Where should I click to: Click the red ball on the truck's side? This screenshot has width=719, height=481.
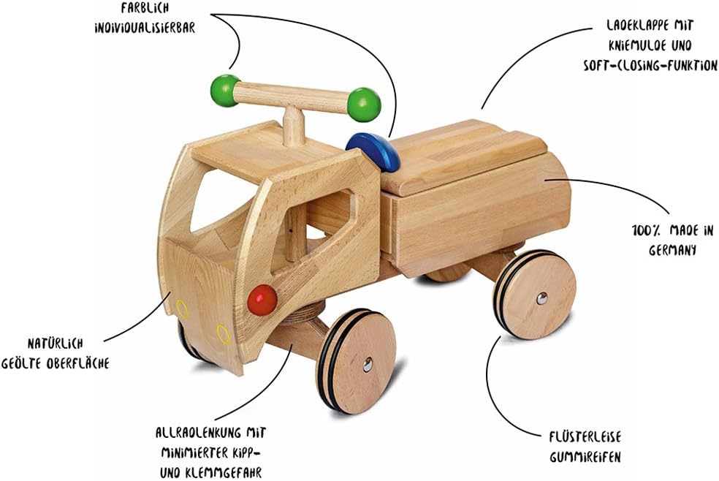(x=262, y=300)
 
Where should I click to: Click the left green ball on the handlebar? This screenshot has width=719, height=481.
(x=225, y=90)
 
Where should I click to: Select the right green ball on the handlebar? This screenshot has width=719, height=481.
(x=364, y=105)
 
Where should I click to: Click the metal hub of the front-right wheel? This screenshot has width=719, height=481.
(x=367, y=363)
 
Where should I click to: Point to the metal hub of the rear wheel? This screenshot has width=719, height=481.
(x=541, y=298)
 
